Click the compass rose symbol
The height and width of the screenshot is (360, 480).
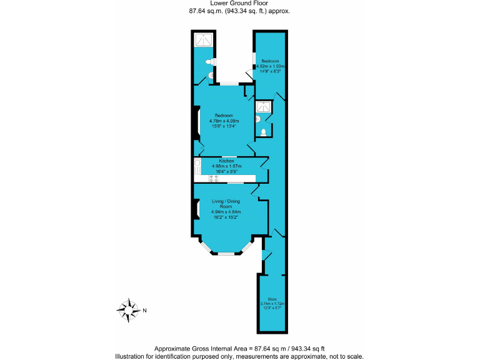pyautogui.click(x=128, y=310)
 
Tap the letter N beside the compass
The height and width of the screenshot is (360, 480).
pyautogui.click(x=145, y=311)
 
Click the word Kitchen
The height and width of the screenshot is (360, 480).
pyautogui.click(x=226, y=161)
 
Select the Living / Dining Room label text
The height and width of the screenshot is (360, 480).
pyautogui.click(x=226, y=204)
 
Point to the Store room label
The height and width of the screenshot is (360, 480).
pyautogui.click(x=272, y=299)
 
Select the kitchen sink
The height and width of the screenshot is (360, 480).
pyautogui.click(x=197, y=166)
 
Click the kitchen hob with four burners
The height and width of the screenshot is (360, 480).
pyautogui.click(x=213, y=179)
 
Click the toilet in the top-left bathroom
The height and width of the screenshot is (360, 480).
pyautogui.click(x=211, y=76)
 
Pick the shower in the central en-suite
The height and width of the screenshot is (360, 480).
pyautogui.click(x=264, y=107)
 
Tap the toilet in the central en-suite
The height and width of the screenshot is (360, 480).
pyautogui.click(x=264, y=132)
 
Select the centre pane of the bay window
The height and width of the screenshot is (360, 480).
pyautogui.click(x=226, y=253)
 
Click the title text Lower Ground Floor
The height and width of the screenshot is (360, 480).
pyautogui.click(x=239, y=4)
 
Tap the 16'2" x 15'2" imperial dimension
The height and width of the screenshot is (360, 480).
pyautogui.click(x=226, y=217)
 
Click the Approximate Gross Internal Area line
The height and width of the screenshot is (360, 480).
pyautogui.click(x=239, y=348)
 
